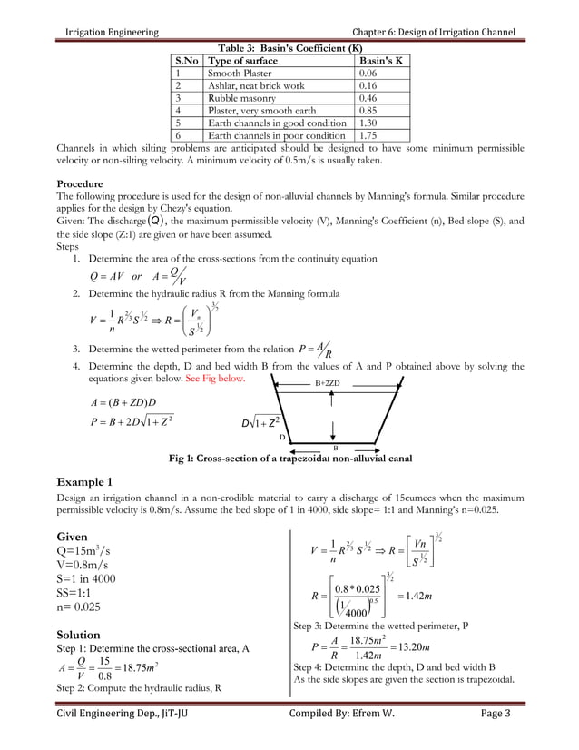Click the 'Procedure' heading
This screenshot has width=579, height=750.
pyautogui.click(x=80, y=184)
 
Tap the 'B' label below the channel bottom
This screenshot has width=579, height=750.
pyautogui.click(x=335, y=449)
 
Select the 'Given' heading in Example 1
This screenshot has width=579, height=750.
pyautogui.click(x=74, y=537)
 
